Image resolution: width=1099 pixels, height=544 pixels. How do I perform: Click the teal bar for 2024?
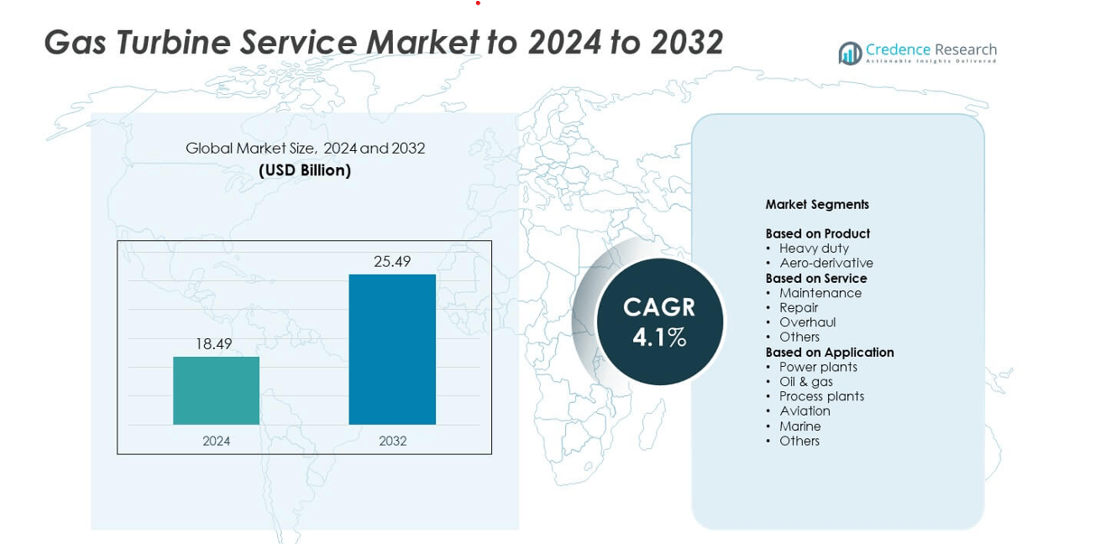point(216,390)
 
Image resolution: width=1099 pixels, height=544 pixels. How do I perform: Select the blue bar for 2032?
point(392,349)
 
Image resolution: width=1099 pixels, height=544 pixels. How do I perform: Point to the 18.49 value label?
point(214,343)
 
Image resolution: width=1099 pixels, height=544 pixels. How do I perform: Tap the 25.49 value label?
point(392,261)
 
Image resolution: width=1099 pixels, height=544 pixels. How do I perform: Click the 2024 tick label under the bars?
point(216,441)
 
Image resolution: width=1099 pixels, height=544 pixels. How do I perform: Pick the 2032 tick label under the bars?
point(393,441)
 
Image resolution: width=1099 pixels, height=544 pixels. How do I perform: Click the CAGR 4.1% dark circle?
point(659,322)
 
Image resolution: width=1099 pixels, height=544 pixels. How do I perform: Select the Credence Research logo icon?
point(850,53)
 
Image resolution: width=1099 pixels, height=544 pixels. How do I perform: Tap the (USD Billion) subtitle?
point(305,170)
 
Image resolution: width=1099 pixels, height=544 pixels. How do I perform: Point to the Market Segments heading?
point(817,204)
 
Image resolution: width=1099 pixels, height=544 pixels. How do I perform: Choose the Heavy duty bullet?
point(814,249)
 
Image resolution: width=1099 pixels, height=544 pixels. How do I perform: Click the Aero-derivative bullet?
point(826,263)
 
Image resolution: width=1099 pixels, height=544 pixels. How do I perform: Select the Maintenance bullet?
point(820,293)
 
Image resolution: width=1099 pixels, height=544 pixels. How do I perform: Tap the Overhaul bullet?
point(807,323)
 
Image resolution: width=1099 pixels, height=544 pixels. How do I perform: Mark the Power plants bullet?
point(818,367)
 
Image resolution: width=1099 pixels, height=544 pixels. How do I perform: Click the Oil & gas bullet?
point(806,381)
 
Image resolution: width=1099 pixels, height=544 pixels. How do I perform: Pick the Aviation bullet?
point(805,411)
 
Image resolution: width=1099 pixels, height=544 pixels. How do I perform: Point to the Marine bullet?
point(800,427)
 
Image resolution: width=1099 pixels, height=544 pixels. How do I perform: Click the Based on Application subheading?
point(830,352)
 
